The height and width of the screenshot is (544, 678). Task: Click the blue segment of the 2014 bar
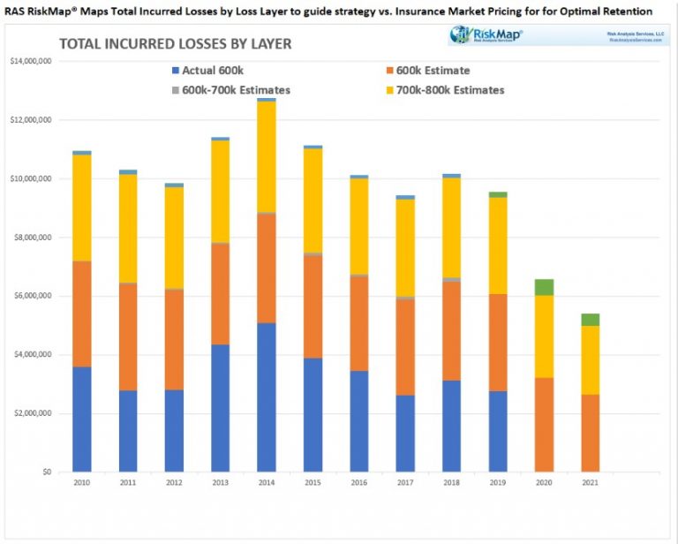click(x=266, y=397)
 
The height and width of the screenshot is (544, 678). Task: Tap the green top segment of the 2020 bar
click(x=544, y=287)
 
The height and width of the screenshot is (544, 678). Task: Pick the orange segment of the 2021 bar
click(x=590, y=433)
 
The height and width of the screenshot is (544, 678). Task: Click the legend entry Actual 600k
click(x=208, y=71)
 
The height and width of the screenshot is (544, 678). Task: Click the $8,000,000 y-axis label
click(x=32, y=238)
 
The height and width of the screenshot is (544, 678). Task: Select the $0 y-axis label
click(x=45, y=472)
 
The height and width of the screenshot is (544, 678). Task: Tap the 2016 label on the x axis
click(x=359, y=485)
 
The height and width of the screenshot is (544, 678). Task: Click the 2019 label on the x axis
click(x=498, y=485)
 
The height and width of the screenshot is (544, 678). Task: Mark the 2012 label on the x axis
click(x=174, y=485)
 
